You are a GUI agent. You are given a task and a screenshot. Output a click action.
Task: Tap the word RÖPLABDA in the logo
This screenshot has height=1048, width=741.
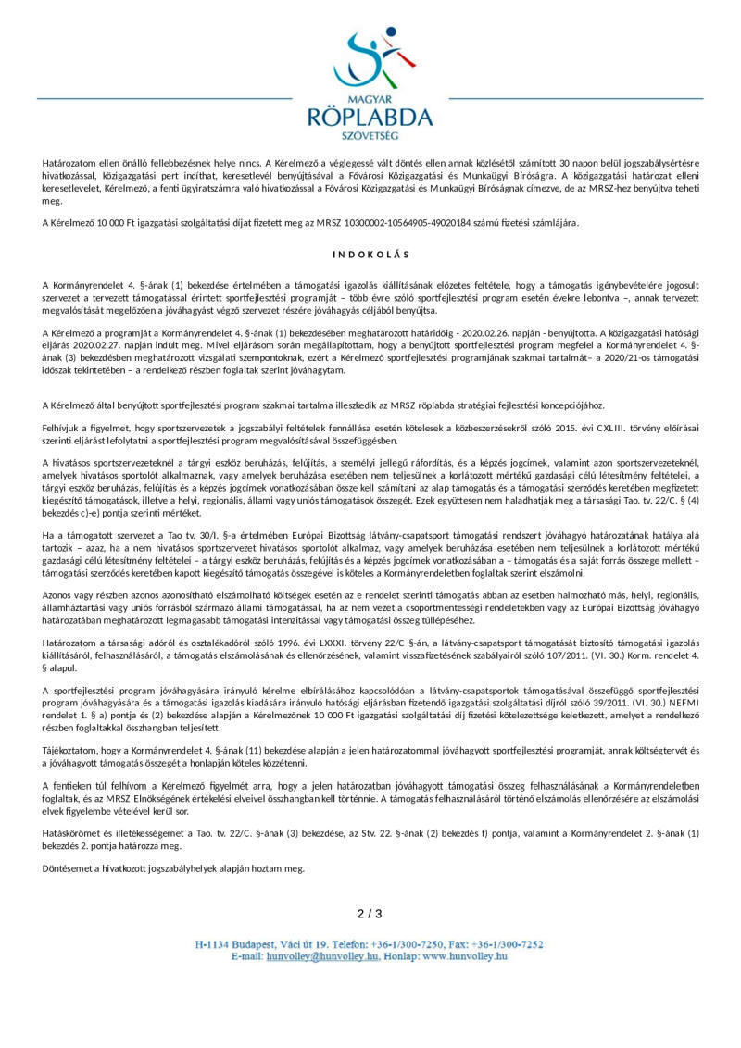coord(370,117)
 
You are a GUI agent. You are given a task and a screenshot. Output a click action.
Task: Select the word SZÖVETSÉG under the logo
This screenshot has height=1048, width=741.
coord(370,135)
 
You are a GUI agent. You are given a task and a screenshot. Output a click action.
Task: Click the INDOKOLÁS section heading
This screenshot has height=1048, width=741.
coord(370,254)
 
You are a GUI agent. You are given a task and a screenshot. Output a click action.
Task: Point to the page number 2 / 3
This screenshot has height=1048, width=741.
coord(370,914)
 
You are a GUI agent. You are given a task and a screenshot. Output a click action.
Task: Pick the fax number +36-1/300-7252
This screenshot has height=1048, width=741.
coord(509,944)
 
